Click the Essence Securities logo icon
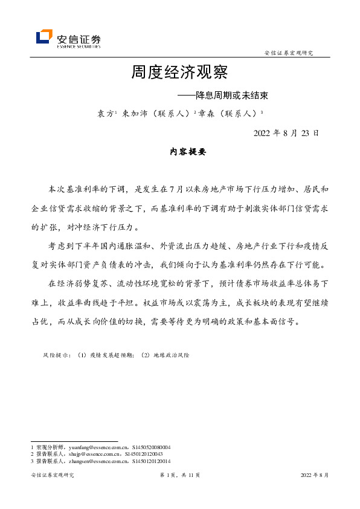click(x=44, y=37)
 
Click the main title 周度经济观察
click(x=179, y=73)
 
